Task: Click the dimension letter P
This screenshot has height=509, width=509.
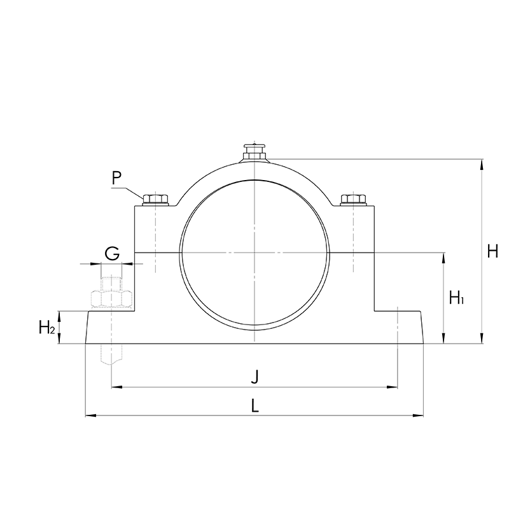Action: pyautogui.click(x=116, y=178)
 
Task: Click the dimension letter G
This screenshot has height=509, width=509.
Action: pyautogui.click(x=113, y=253)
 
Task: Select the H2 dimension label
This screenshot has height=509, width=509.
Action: pyautogui.click(x=46, y=327)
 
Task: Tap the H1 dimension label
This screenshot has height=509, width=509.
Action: pyautogui.click(x=456, y=297)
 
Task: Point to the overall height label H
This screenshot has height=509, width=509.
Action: pyautogui.click(x=492, y=251)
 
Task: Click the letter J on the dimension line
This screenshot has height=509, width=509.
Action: pyautogui.click(x=255, y=377)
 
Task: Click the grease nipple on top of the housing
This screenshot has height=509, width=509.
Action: pyautogui.click(x=255, y=152)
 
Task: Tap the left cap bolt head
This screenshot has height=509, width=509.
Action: pyautogui.click(x=155, y=199)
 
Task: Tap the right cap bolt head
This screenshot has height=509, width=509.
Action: pyautogui.click(x=353, y=199)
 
